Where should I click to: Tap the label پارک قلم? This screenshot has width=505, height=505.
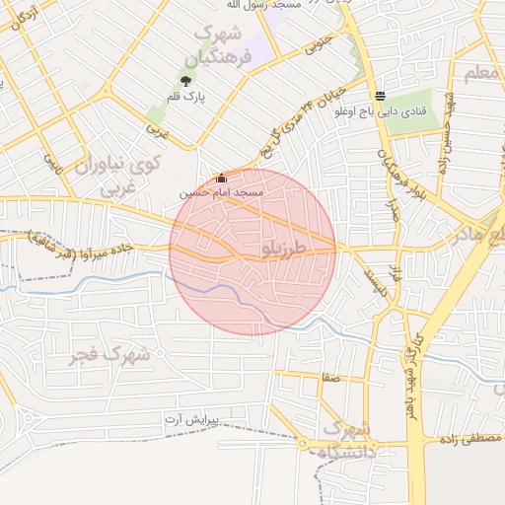(x=185, y=98)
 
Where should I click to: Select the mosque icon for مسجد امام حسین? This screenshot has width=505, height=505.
(x=221, y=179)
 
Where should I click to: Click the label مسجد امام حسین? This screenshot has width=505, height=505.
(x=222, y=192)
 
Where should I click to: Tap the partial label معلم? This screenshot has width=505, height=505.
(x=484, y=72)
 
